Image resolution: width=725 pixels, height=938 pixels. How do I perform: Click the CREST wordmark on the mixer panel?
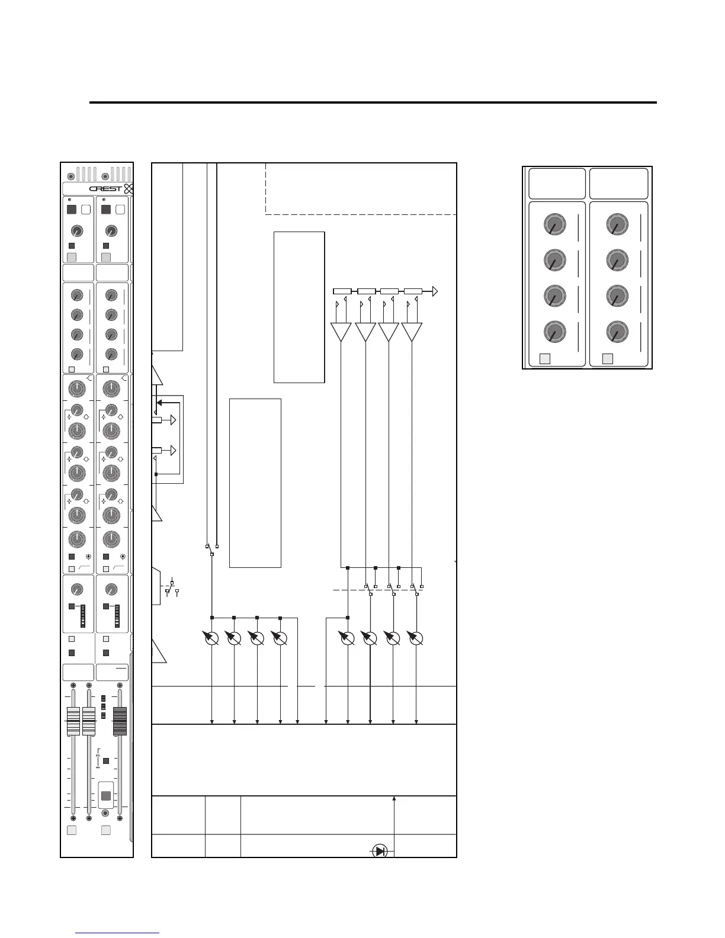tap(105, 189)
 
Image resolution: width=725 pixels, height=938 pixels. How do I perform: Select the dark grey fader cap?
tap(120, 721)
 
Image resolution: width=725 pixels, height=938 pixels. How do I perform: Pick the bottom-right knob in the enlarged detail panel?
tap(617, 332)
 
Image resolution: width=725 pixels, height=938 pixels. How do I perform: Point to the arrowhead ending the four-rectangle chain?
tap(435, 291)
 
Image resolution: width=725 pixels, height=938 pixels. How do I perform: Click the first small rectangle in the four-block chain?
tap(342, 291)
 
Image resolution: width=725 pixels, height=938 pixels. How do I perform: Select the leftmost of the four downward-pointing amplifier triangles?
tap(341, 331)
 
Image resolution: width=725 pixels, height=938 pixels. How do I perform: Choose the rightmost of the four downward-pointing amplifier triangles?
tap(412, 331)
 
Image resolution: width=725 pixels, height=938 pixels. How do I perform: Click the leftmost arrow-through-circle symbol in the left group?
tap(211, 638)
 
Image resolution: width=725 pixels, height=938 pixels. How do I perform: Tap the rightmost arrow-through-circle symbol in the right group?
tap(416, 638)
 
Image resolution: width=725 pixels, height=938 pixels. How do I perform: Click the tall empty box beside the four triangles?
tap(299, 307)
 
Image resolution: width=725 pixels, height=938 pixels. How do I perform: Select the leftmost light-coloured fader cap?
tap(73, 721)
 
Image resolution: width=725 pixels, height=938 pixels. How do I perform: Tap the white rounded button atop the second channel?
tap(120, 209)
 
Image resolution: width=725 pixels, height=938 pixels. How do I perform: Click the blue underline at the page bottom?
tap(118, 933)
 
